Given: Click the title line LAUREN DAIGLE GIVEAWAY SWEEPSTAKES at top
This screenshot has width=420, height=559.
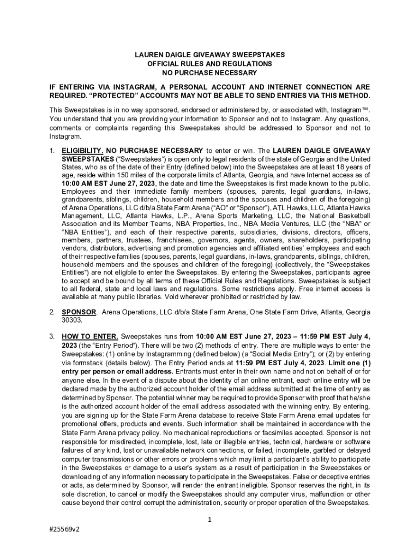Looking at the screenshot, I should coord(209,55).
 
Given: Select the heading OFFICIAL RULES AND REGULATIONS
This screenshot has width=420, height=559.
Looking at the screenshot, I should coord(209,64).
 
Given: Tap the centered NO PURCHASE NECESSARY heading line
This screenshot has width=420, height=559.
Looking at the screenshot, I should coord(209,73).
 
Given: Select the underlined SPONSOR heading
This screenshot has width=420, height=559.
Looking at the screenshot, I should coord(79,312).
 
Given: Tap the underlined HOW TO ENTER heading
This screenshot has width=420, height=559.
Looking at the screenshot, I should coord(89,337).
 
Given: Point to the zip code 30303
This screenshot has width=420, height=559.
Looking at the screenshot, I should coord(71,320).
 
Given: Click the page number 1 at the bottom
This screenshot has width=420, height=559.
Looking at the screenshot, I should coord(209,519).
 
